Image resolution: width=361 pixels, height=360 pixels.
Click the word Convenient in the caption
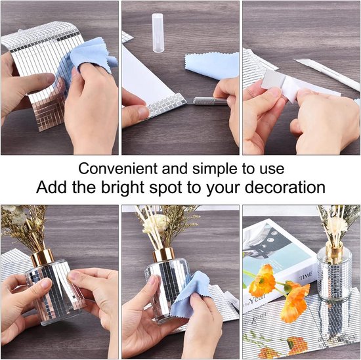[118, 168]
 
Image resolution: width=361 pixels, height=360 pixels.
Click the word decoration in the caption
[285, 187]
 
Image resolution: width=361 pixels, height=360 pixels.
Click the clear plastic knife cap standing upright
[158, 32]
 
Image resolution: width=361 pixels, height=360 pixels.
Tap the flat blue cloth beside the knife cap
[212, 65]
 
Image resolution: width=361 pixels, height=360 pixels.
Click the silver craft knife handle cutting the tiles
[210, 101]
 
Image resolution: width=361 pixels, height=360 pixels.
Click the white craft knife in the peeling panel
[327, 74]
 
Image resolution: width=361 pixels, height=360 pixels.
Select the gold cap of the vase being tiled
[42, 258]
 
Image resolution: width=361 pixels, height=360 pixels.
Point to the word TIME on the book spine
[306, 276]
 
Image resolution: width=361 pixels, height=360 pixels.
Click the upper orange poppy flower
[263, 281]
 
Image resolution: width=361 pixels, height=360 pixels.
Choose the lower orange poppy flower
[295, 303]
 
